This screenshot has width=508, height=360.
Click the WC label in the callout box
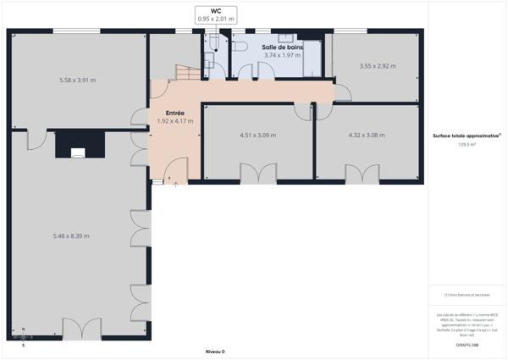216,10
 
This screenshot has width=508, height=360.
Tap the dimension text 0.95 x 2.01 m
216,19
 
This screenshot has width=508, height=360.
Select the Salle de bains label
283,47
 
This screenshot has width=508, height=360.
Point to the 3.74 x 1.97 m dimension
283,55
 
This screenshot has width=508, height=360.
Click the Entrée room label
175,113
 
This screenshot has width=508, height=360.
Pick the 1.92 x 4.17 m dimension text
175,121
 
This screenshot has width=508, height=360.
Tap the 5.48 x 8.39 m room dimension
71,235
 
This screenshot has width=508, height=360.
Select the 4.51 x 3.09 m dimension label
258,135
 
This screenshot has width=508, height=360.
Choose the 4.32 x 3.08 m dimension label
367,135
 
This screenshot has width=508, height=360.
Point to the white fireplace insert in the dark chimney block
78,153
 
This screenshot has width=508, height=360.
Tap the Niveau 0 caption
216,351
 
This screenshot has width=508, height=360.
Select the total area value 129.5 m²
467,145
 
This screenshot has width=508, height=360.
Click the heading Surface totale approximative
467,136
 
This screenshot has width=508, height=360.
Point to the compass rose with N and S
23,337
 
